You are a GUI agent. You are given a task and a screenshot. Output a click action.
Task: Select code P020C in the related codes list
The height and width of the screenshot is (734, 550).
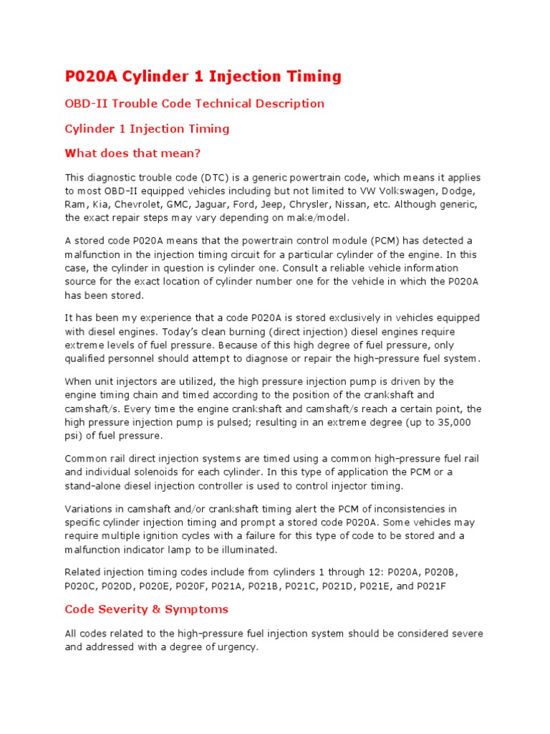tap(80, 586)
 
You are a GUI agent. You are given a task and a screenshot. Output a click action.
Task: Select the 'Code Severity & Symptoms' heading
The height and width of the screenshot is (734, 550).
tap(146, 609)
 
